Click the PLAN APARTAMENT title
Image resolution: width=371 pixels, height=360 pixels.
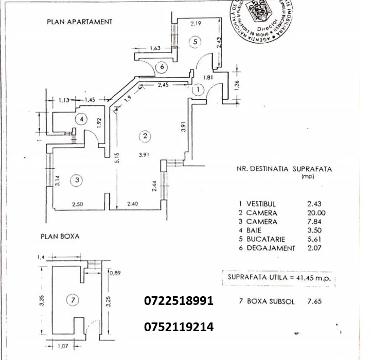(79, 22)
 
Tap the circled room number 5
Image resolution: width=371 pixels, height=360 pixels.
(193, 42)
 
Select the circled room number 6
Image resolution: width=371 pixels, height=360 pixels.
(162, 66)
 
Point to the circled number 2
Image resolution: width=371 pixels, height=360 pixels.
(145, 136)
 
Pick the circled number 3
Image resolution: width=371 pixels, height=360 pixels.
(77, 180)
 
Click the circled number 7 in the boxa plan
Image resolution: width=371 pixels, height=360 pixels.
(73, 300)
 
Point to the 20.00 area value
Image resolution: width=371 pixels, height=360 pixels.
(315, 212)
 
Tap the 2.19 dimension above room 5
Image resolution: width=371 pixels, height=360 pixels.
(195, 23)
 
